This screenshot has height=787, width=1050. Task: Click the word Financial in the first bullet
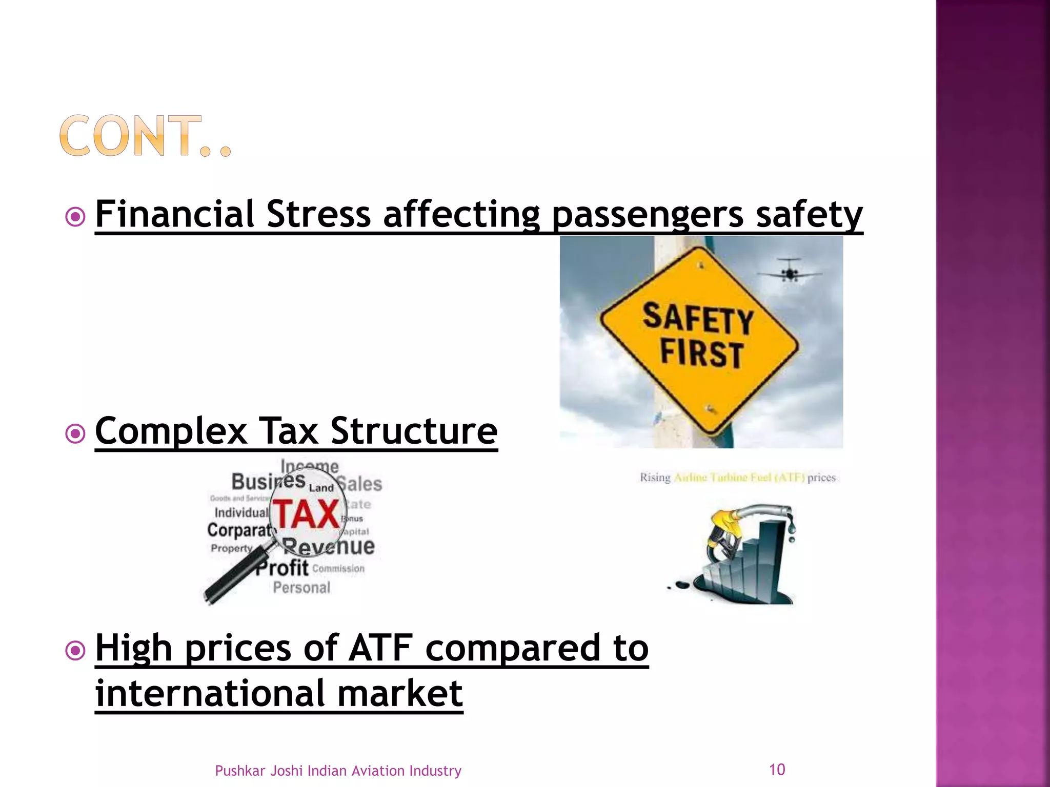pyautogui.click(x=174, y=214)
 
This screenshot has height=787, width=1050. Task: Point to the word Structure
pyautogui.click(x=414, y=431)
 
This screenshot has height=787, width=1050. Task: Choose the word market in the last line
pyautogui.click(x=400, y=694)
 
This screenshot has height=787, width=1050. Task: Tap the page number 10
pyautogui.click(x=777, y=770)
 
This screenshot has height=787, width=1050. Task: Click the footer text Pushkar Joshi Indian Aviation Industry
pyautogui.click(x=338, y=771)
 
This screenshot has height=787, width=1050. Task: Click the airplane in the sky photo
pyautogui.click(x=790, y=270)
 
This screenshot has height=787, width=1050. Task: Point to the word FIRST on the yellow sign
pyautogui.click(x=701, y=353)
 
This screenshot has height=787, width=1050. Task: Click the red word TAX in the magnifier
pyautogui.click(x=306, y=514)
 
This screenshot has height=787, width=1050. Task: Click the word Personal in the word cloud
pyautogui.click(x=301, y=588)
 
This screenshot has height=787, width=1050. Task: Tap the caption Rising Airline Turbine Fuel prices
pyautogui.click(x=737, y=478)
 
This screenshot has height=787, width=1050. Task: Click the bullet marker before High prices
pyautogui.click(x=75, y=651)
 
